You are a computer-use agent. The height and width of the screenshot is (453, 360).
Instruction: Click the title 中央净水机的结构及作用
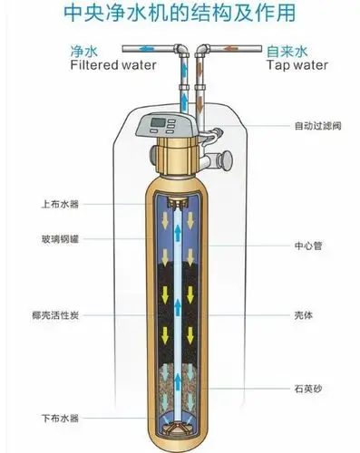point(180,15)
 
